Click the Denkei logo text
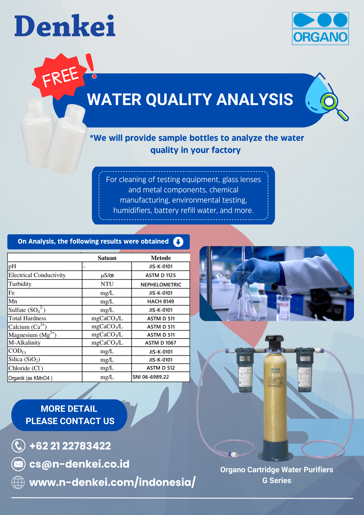(65, 25)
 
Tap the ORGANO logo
(320, 29)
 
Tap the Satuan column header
(107, 258)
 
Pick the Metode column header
(161, 258)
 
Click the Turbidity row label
(20, 284)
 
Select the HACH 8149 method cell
(161, 301)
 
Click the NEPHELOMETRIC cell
(161, 285)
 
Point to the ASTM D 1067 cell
(161, 343)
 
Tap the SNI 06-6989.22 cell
(151, 377)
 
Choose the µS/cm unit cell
(107, 275)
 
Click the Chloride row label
(26, 368)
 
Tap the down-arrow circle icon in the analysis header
(178, 242)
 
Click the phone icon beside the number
(19, 446)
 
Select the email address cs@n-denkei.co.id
(79, 464)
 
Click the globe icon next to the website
(18, 482)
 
